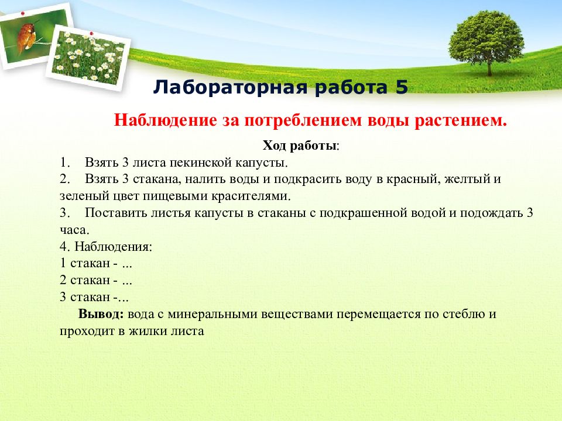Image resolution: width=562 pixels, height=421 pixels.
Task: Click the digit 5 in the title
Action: (402, 87)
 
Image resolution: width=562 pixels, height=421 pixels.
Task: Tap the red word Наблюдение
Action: (166, 120)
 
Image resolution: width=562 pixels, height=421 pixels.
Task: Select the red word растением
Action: (461, 120)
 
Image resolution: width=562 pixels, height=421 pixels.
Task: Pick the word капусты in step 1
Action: (262, 164)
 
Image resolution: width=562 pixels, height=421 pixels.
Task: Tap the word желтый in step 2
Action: (467, 179)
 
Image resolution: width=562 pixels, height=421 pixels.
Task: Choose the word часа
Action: (74, 230)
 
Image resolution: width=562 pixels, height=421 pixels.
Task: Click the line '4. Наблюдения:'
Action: (106, 247)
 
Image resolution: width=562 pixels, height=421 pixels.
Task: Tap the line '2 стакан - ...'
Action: (96, 280)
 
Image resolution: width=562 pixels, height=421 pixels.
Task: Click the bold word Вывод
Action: (101, 314)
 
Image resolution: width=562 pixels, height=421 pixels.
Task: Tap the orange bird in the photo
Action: (27, 36)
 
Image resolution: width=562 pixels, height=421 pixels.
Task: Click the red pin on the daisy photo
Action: (91, 33)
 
